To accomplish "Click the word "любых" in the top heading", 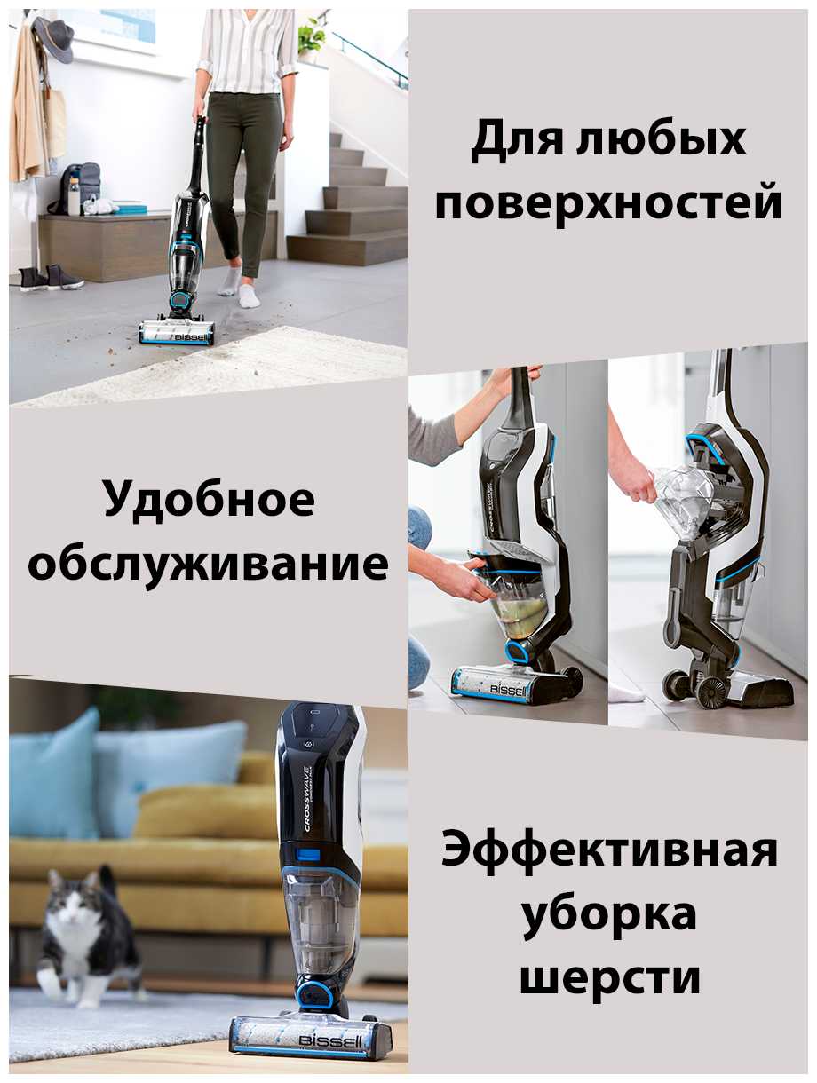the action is click(x=662, y=139).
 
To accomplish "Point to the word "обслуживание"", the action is click(x=208, y=563).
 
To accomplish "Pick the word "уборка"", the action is click(x=610, y=913).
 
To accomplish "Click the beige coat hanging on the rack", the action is click(x=29, y=105).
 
